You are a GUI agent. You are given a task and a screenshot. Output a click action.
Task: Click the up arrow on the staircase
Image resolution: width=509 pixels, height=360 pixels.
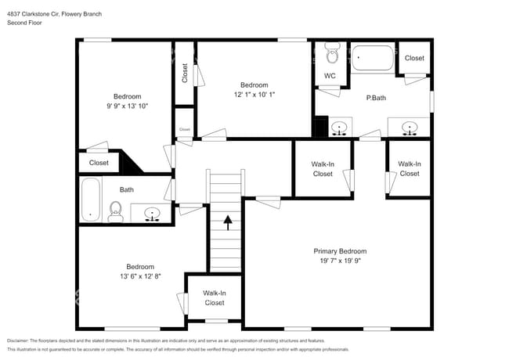click(228, 223)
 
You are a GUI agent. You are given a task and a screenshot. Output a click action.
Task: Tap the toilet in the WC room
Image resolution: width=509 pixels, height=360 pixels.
click(331, 56)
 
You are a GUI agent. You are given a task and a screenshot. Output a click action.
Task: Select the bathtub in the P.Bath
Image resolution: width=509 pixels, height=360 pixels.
click(373, 59)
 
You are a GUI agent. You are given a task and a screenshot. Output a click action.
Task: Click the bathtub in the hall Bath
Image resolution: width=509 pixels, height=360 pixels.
click(90, 200)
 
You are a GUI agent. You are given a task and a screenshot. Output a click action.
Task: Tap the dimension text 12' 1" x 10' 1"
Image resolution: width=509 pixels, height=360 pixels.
click(254, 94)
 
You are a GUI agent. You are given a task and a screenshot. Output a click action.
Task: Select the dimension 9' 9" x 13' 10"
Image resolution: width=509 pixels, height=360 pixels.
click(127, 106)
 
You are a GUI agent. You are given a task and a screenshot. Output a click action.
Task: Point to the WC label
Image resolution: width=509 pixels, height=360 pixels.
click(330, 76)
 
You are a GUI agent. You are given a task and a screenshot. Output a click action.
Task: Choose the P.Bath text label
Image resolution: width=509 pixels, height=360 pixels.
click(377, 99)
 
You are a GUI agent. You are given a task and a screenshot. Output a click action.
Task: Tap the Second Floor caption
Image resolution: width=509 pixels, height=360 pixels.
click(24, 23)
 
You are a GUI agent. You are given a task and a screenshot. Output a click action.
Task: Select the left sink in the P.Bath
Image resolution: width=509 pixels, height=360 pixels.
click(340, 127)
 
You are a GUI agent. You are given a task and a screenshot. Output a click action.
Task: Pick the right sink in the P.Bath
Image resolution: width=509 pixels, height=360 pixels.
click(409, 127)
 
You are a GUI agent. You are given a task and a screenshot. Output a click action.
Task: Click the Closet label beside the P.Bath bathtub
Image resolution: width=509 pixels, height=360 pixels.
click(414, 58)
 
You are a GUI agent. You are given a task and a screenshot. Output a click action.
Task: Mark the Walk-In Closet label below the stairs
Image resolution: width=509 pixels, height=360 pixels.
click(215, 297)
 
